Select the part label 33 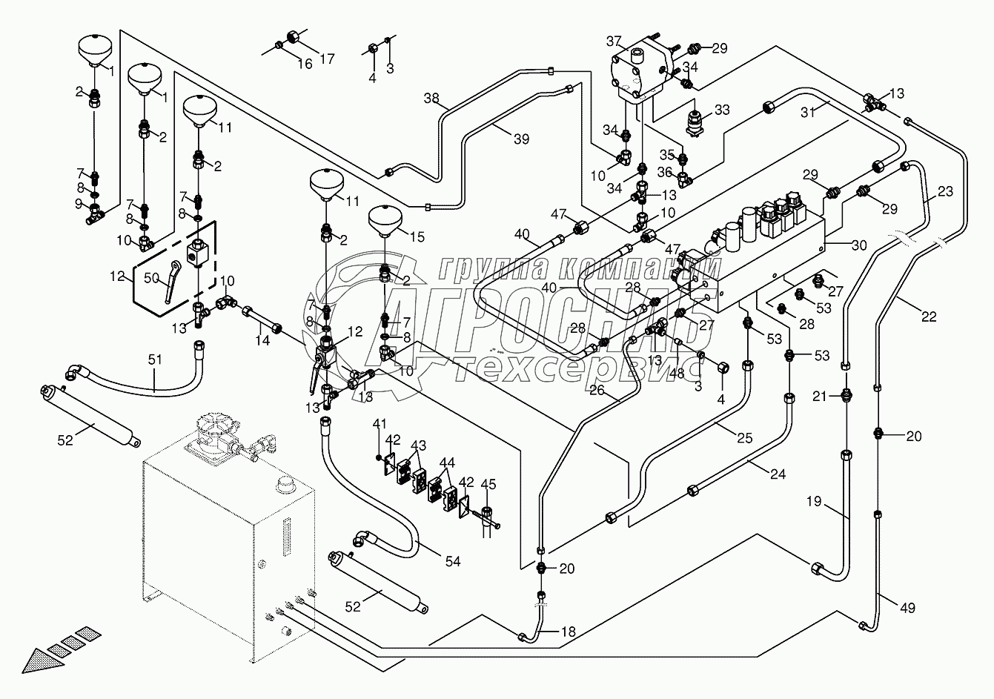(722, 110)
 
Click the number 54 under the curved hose (452, 562)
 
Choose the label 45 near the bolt (487, 485)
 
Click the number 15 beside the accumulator (417, 237)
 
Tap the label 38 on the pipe (431, 98)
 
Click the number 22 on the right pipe (929, 317)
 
